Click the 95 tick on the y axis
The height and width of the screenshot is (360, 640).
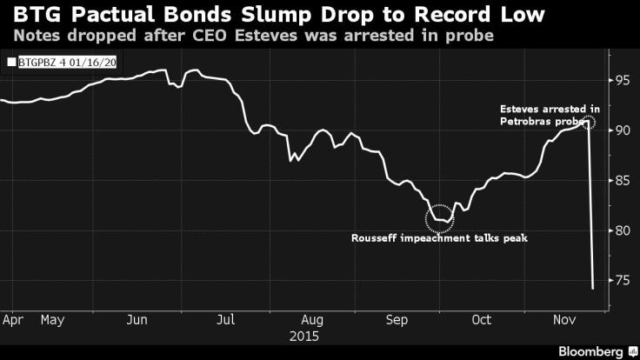click(622, 81)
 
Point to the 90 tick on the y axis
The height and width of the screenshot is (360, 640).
click(622, 130)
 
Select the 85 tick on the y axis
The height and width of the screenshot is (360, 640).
click(622, 181)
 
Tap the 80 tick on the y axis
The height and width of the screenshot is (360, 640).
click(622, 230)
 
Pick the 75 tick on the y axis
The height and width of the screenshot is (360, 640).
click(622, 280)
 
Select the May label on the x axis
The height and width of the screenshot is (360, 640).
click(54, 319)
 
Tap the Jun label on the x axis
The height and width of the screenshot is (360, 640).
click(137, 319)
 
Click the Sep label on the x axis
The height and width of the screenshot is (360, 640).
click(398, 319)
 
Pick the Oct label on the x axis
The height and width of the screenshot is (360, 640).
click(481, 319)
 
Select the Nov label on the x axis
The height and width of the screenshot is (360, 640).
click(566, 319)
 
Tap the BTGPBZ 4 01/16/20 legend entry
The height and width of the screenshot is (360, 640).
click(53, 62)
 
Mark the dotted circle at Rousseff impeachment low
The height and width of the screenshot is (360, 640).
click(440, 216)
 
